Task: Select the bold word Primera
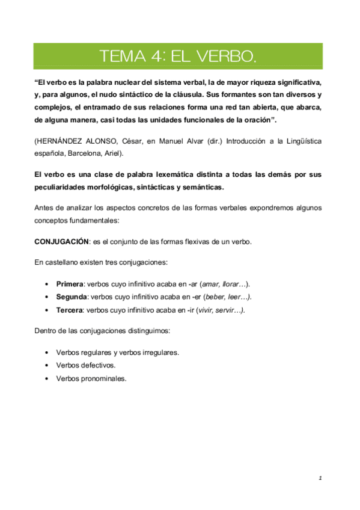point(69,284)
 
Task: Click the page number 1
point(321,479)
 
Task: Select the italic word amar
point(209,284)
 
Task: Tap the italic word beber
point(214,297)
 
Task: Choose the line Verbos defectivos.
point(85,366)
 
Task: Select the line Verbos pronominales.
point(91,379)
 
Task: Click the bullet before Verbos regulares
point(47,352)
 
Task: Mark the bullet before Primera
point(47,284)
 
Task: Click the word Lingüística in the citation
point(302,141)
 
